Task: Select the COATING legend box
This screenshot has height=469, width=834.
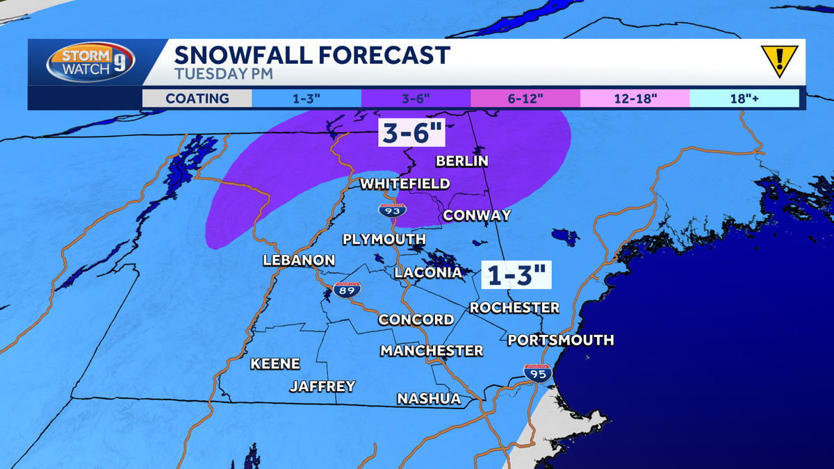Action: tap(197, 98)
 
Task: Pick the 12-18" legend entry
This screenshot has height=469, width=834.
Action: tap(635, 98)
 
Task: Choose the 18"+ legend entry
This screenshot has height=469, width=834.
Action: tap(744, 98)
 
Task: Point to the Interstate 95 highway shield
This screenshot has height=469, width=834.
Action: tap(538, 373)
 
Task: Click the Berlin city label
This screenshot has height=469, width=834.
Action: tap(461, 161)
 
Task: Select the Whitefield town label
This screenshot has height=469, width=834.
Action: tap(404, 183)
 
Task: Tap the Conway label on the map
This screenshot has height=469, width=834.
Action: tap(477, 215)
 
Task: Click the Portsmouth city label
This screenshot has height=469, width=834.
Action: tap(560, 340)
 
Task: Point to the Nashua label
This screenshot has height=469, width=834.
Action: tap(429, 398)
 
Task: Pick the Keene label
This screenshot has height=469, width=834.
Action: tap(275, 363)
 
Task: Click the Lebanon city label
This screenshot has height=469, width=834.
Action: tap(299, 261)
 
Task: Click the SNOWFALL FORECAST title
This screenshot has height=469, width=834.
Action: tap(312, 54)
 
